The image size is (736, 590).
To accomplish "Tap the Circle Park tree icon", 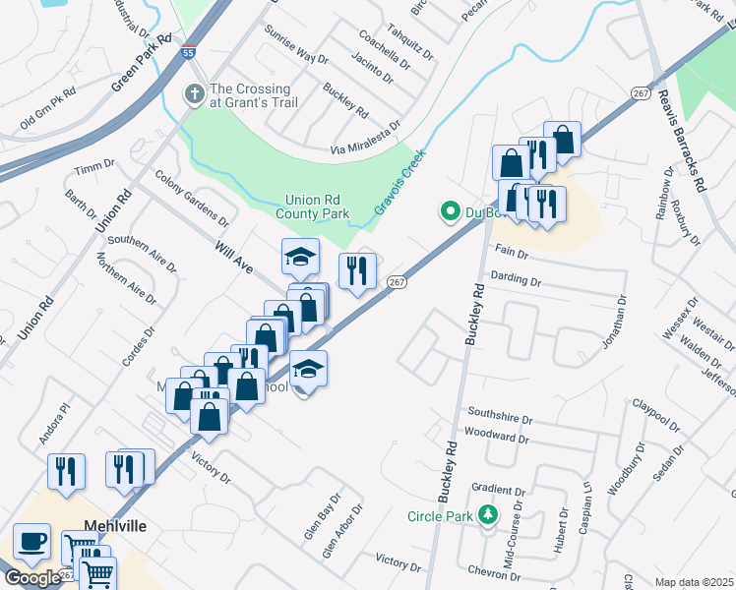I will tap(487, 515).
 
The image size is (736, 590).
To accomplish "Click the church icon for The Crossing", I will tap(194, 94).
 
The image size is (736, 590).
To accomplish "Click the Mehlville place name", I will tap(114, 526).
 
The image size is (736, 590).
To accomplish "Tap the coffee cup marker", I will tap(31, 541).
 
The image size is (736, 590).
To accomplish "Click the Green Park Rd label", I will tap(143, 65).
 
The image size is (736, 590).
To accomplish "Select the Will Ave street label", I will tap(234, 254).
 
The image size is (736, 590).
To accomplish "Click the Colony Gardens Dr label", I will tap(193, 197).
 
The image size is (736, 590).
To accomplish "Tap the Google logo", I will tap(32, 578).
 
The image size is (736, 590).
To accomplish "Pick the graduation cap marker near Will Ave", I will tap(301, 258).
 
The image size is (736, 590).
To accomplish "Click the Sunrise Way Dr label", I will tap(295, 45).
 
